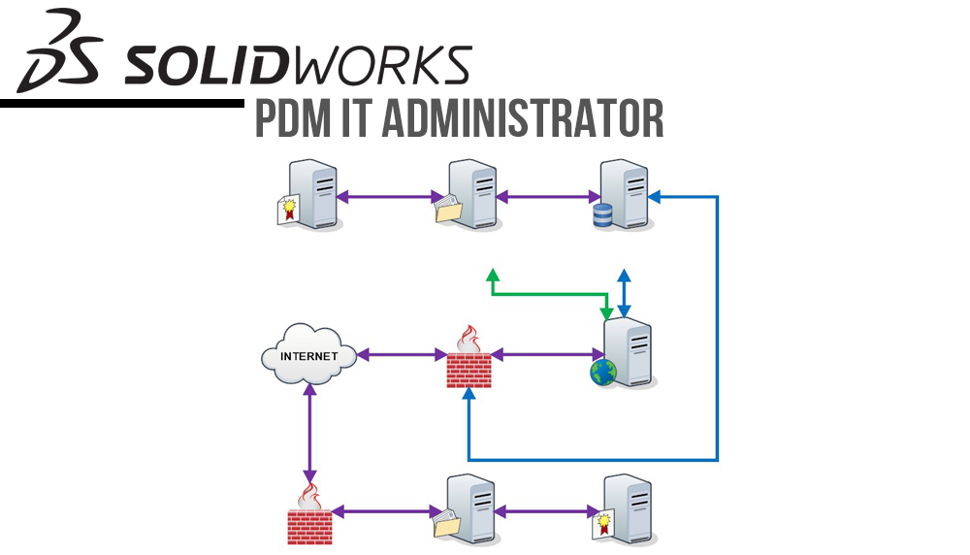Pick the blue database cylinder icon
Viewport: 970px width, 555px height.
coord(602,214)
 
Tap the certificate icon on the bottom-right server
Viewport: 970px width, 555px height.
coord(605,526)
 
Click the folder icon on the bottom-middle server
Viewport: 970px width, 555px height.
coord(445,524)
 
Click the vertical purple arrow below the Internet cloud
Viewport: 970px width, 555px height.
coord(309,433)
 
